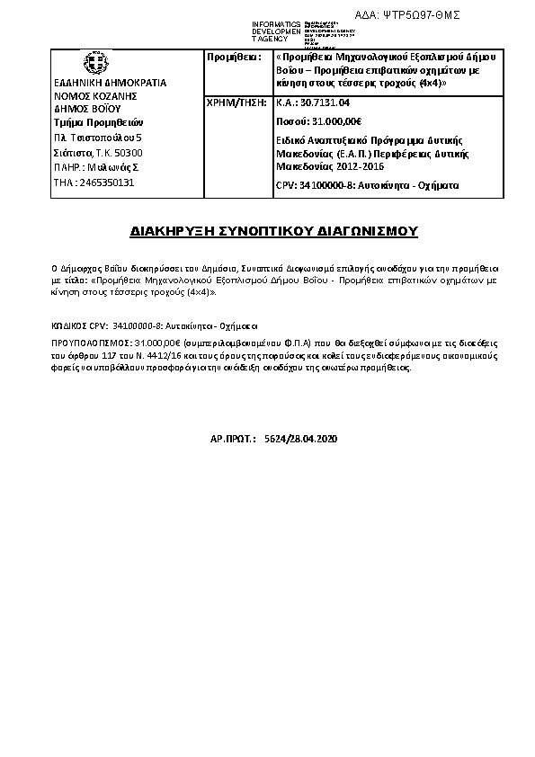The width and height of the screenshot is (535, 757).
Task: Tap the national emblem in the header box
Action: (92, 64)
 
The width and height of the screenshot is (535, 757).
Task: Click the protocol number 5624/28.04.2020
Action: (296, 439)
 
